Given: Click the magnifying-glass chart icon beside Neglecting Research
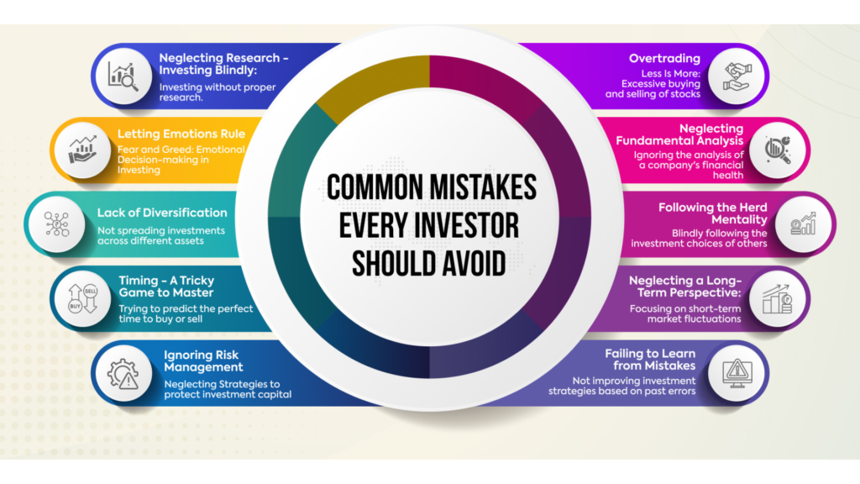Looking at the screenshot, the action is pyautogui.click(x=123, y=76).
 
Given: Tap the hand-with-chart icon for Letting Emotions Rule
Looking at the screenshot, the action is pyautogui.click(x=82, y=150).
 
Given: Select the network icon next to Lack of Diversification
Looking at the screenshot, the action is pyautogui.click(x=57, y=224).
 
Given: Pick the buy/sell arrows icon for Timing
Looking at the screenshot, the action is pyautogui.click(x=83, y=299).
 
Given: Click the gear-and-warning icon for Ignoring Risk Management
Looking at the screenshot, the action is pyautogui.click(x=123, y=374).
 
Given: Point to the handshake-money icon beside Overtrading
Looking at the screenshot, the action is pyautogui.click(x=736, y=76).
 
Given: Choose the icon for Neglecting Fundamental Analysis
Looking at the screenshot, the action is pyautogui.click(x=778, y=150).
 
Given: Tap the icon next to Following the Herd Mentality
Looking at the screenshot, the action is pyautogui.click(x=803, y=224).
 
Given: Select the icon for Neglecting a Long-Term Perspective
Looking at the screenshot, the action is pyautogui.click(x=777, y=299).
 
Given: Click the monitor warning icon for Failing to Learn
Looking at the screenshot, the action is pyautogui.click(x=737, y=374).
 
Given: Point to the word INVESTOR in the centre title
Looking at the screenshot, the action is pyautogui.click(x=466, y=225).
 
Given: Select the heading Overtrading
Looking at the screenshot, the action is pyautogui.click(x=664, y=58).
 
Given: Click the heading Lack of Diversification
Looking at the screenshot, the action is pyautogui.click(x=162, y=213).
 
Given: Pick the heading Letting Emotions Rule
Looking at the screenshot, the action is pyautogui.click(x=181, y=134).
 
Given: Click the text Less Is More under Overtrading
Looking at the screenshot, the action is pyautogui.click(x=671, y=74).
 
